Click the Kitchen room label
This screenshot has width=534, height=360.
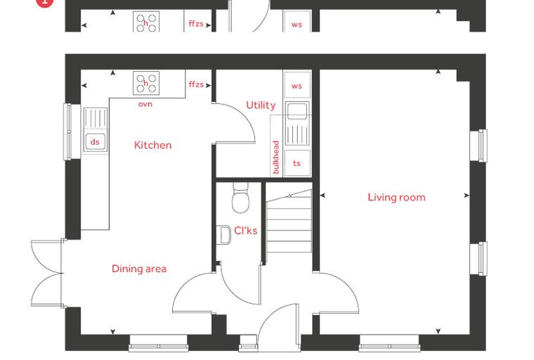pyautogui.click(x=153, y=146)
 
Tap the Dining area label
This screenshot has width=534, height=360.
pyautogui.click(x=139, y=269)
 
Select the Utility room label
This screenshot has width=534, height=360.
pyautogui.click(x=261, y=105)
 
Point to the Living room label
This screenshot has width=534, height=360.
pyautogui.click(x=396, y=197)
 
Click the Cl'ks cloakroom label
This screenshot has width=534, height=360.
pyautogui.click(x=245, y=231)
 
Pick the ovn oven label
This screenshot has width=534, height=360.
pyautogui.click(x=145, y=104)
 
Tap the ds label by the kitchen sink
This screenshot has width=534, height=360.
pyautogui.click(x=95, y=141)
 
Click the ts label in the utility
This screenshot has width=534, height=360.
pyautogui.click(x=297, y=163)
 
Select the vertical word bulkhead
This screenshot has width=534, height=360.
pyautogui.click(x=276, y=157)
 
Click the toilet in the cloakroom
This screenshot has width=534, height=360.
pyautogui.click(x=240, y=198)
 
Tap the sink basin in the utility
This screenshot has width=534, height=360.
pyautogui.click(x=297, y=111)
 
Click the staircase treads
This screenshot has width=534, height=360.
pyautogui.click(x=289, y=221)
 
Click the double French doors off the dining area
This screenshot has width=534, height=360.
pyautogui.click(x=46, y=274)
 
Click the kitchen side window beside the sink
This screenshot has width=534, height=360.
pyautogui.click(x=67, y=131)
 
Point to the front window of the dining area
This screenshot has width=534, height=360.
pyautogui.click(x=158, y=344)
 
